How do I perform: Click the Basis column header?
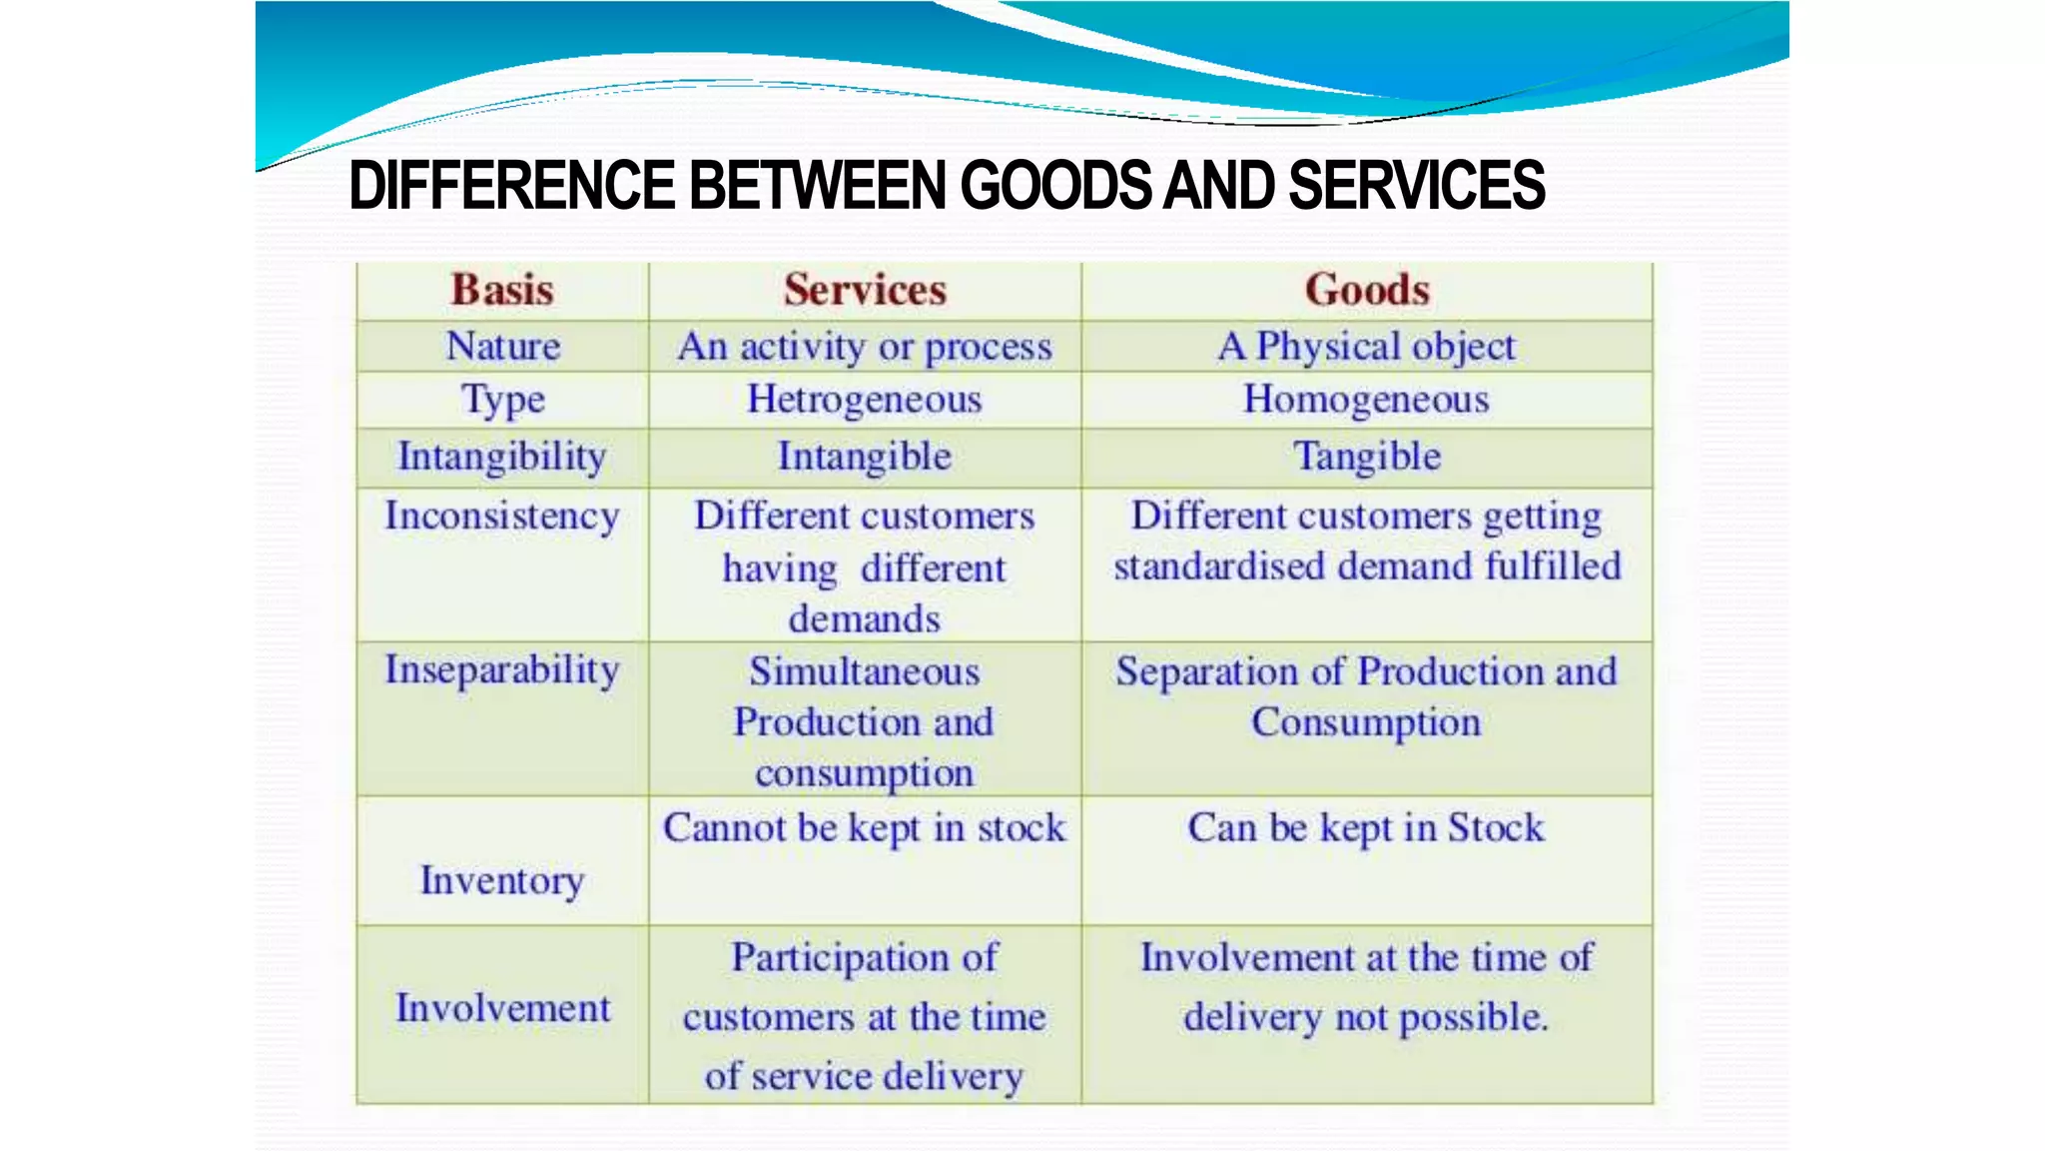click(x=502, y=290)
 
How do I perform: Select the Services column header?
click(x=865, y=290)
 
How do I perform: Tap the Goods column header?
click(x=1367, y=290)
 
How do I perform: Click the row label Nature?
click(x=502, y=347)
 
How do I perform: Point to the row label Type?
click(x=502, y=400)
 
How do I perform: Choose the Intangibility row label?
click(x=502, y=457)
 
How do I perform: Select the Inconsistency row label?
click(x=502, y=517)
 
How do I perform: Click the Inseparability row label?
click(x=502, y=670)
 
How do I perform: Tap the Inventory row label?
click(x=502, y=881)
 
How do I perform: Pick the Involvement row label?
click(x=502, y=1008)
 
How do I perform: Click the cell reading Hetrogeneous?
click(x=865, y=400)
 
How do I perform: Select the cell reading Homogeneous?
click(x=1366, y=400)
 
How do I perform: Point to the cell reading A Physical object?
click(x=1366, y=347)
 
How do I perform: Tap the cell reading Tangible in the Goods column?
click(x=1367, y=457)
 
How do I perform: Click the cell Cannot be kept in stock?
click(x=865, y=828)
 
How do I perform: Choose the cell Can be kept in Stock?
click(x=1366, y=828)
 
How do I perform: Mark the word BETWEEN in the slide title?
click(x=818, y=186)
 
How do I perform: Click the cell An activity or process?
click(x=865, y=347)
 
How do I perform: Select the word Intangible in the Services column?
click(x=865, y=457)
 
